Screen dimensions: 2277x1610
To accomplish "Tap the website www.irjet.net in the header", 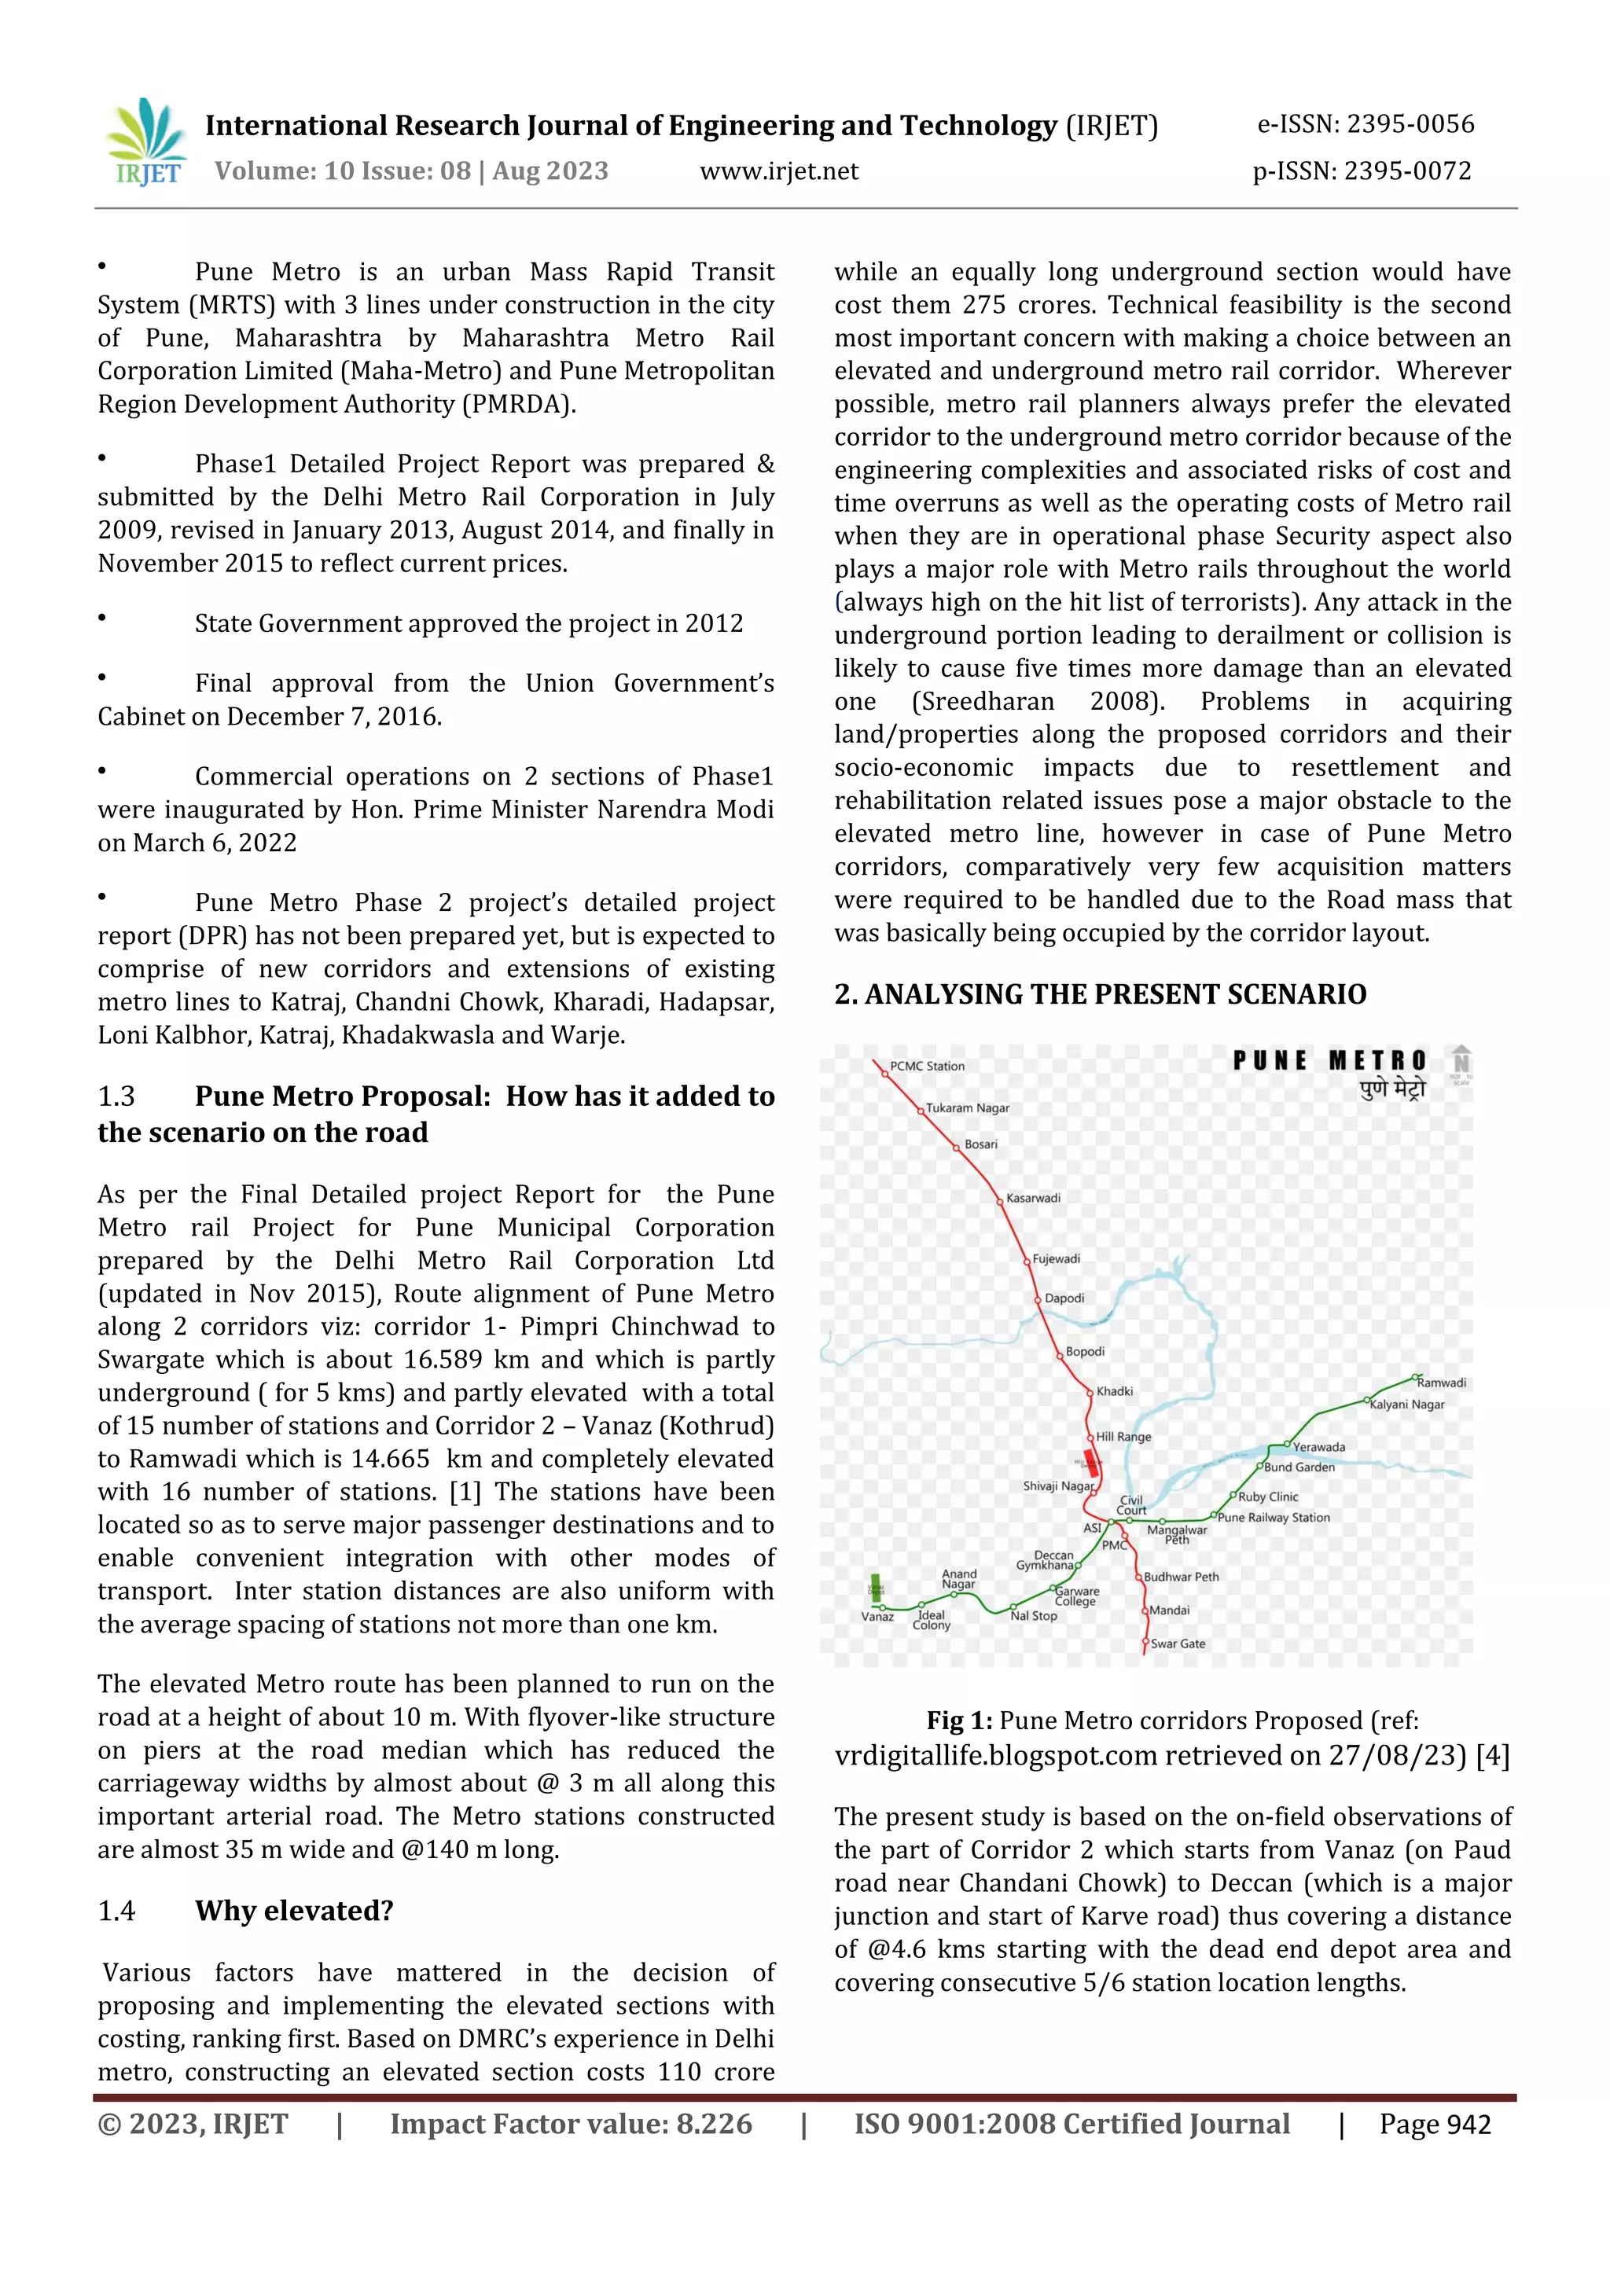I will tap(779, 171).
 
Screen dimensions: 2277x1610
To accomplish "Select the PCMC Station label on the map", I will tap(927, 1066).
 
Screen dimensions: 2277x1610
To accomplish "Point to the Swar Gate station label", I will tap(1178, 1643).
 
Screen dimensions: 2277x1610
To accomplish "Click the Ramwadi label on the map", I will tap(1440, 1383).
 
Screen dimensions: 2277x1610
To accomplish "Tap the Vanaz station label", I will tap(877, 1617).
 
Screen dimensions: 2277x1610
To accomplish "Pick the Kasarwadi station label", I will tap(1033, 1198).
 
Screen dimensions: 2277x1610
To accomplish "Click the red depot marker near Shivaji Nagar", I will tap(1090, 1463).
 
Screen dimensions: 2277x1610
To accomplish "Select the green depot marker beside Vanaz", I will tap(875, 1587).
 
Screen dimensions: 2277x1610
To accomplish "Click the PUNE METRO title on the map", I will tap(1329, 1061).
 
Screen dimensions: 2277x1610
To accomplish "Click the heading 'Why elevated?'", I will tap(294, 1910).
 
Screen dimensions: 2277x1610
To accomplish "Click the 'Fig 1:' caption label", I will tap(959, 1721).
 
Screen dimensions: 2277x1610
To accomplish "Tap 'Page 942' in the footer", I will tap(1435, 2125).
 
